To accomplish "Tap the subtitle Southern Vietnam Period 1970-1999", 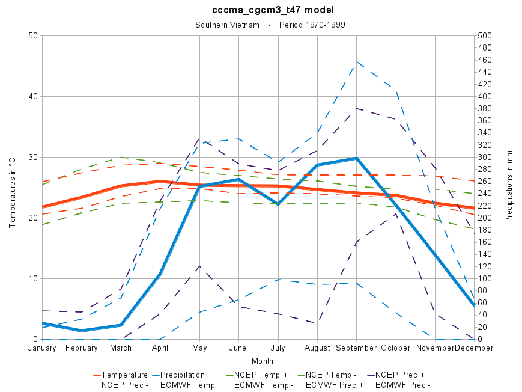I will point(270,25).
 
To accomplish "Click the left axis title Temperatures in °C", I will point(11,188).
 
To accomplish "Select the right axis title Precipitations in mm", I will point(509,187).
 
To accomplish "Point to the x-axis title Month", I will point(263,361).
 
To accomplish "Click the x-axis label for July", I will point(278,348).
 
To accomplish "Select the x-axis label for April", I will point(160,348).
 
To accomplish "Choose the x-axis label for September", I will point(357,348).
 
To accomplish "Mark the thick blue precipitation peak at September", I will point(357,158).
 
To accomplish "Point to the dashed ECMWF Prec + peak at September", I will point(357,61).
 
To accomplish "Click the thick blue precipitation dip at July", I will point(278,204).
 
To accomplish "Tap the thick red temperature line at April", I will point(160,181).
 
